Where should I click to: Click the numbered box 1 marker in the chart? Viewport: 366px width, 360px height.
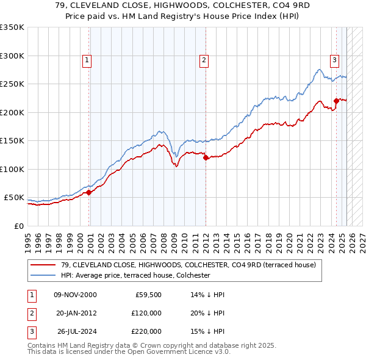[x=87, y=60]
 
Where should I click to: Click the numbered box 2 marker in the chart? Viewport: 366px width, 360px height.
[x=203, y=60]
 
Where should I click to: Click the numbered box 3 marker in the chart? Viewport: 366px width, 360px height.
[x=335, y=60]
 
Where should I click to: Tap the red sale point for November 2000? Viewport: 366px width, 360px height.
[x=88, y=192]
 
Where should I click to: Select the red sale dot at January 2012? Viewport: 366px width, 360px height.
[x=206, y=158]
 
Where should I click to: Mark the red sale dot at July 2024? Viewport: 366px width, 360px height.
[x=336, y=101]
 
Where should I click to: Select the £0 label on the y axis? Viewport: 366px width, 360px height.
[x=18, y=226]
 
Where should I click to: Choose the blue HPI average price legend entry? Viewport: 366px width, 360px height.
[x=135, y=276]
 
